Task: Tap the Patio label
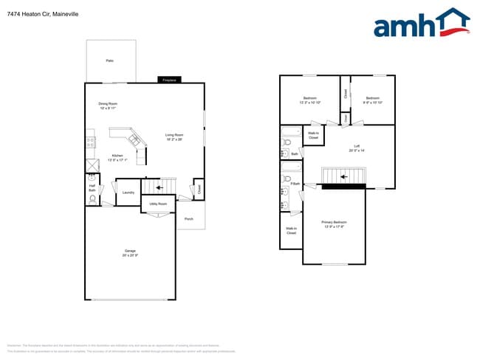(x=109, y=60)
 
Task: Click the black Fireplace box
(x=169, y=80)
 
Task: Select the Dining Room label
(x=108, y=105)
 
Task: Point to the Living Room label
(x=174, y=136)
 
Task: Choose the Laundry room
(x=128, y=193)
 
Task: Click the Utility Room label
(x=158, y=204)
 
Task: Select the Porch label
(x=189, y=219)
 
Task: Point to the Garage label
(x=129, y=252)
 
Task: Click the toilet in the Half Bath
(x=92, y=198)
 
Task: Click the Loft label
(x=357, y=148)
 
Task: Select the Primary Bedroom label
(x=334, y=224)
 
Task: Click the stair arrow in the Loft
(x=343, y=176)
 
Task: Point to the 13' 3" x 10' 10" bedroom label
(x=310, y=100)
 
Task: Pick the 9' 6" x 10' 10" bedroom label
(x=371, y=100)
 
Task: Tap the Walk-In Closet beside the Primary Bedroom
(x=291, y=231)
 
